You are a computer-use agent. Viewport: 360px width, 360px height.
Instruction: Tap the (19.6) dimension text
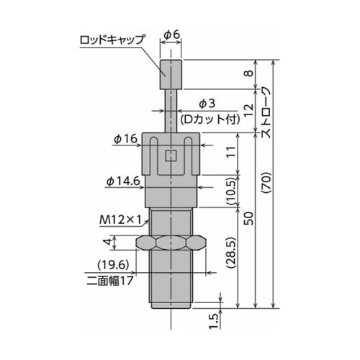click(112, 264)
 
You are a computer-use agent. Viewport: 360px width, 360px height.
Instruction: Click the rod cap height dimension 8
click(248, 73)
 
